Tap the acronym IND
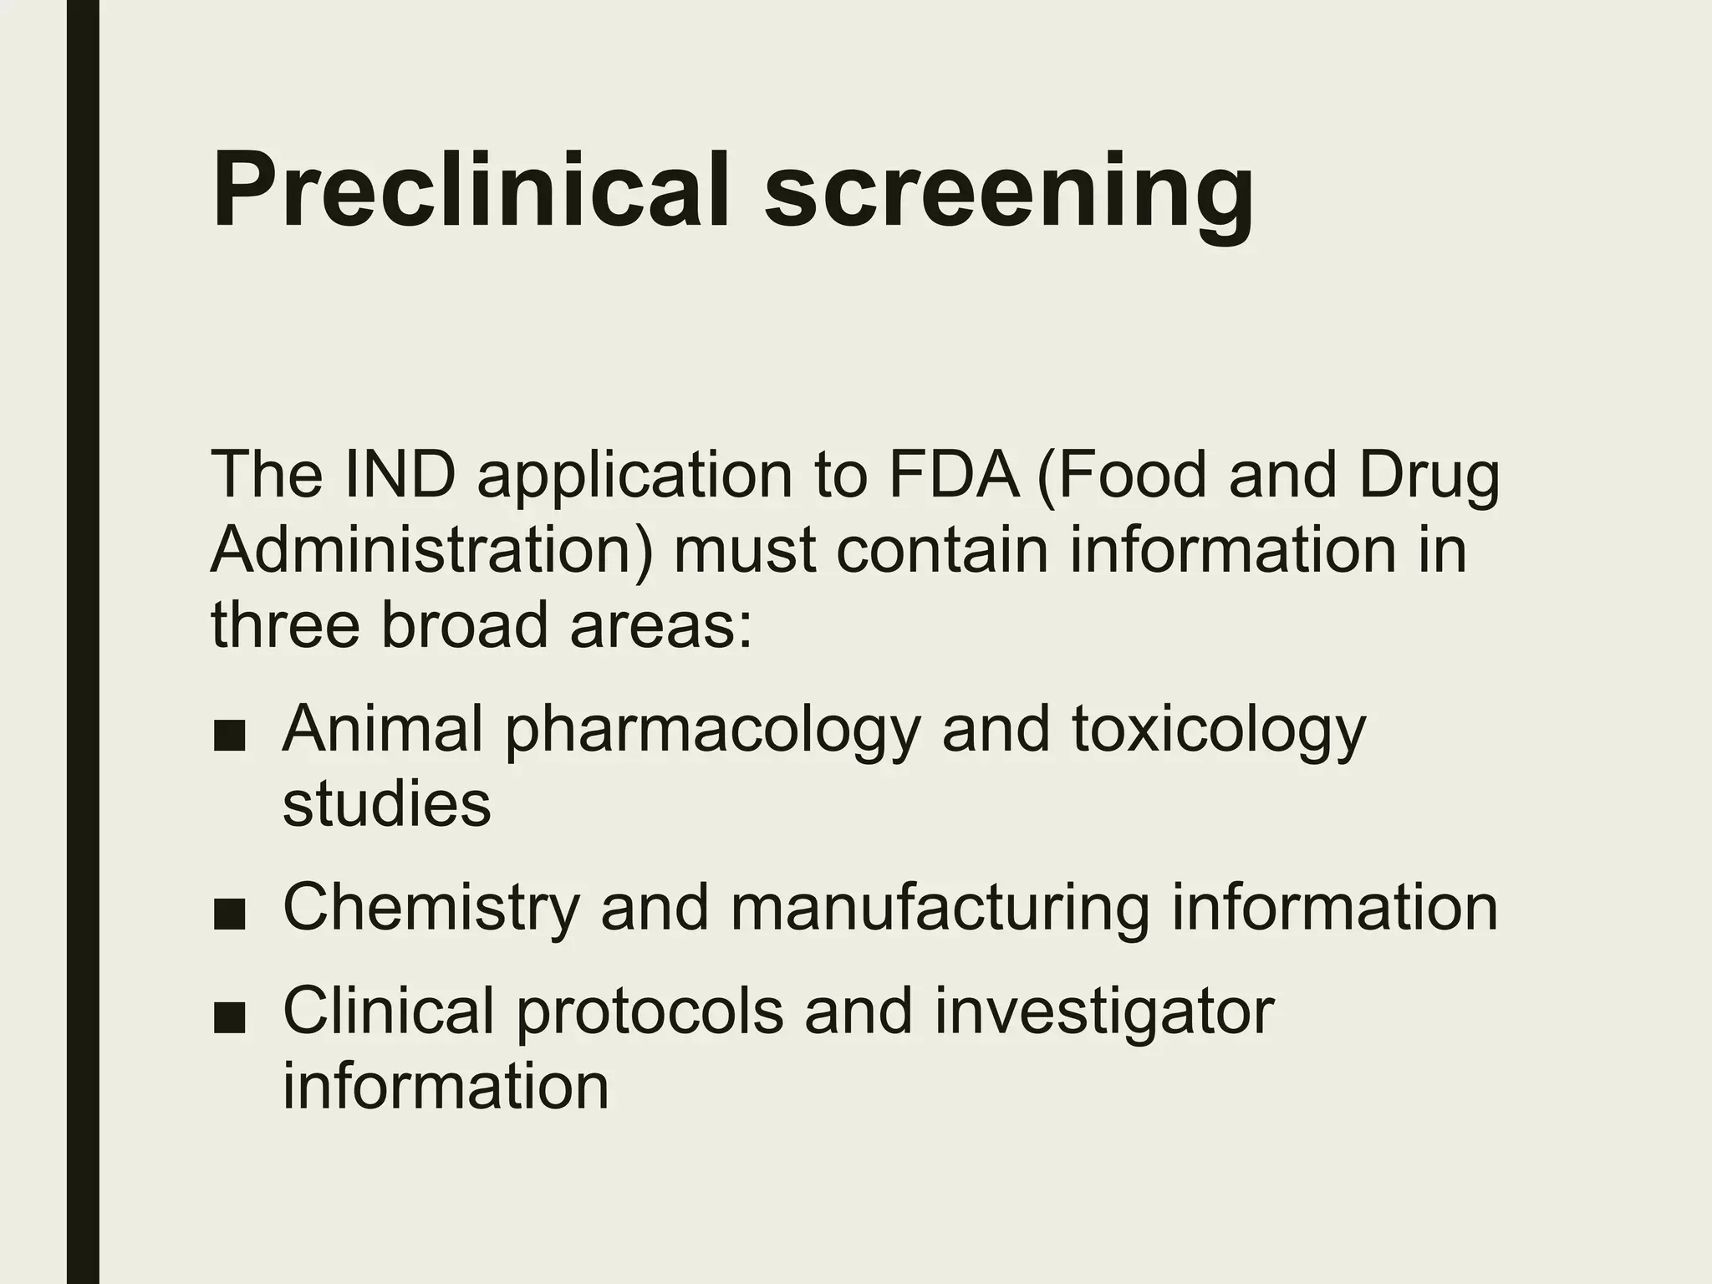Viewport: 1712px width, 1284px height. click(x=399, y=476)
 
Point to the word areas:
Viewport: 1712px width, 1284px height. click(x=661, y=627)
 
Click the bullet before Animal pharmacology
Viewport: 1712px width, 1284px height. click(x=229, y=738)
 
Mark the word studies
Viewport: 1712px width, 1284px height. click(x=386, y=804)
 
